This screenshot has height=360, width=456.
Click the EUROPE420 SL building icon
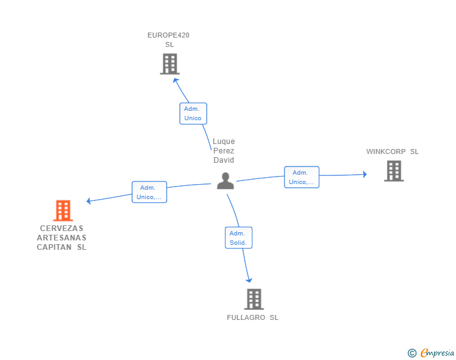point(170,64)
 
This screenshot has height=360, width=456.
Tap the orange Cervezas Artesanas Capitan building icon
point(63,210)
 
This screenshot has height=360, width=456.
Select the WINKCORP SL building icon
point(394,171)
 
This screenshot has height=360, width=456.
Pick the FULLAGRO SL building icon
point(254,299)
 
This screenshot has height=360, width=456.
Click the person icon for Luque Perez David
point(225,181)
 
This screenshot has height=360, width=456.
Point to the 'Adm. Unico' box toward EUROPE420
point(193,113)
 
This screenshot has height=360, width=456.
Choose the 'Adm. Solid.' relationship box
point(239,237)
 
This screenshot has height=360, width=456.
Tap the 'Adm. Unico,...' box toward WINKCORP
point(301,177)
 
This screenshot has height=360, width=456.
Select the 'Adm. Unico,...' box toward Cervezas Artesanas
point(149,192)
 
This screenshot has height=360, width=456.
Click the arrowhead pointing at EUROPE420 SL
point(175,81)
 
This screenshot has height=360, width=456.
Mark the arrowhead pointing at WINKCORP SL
point(365,174)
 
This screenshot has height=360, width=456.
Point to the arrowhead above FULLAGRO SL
point(249,280)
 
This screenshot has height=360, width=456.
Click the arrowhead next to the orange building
point(89,200)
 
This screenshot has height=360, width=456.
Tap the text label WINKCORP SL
point(392,152)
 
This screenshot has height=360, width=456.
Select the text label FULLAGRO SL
point(252,317)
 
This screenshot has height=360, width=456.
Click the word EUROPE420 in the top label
point(168,35)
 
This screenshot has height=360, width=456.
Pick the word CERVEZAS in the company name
point(61,229)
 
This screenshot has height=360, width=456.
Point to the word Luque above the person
point(224,141)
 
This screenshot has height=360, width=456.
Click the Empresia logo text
point(437,352)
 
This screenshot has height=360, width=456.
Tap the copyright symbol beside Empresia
point(412,353)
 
